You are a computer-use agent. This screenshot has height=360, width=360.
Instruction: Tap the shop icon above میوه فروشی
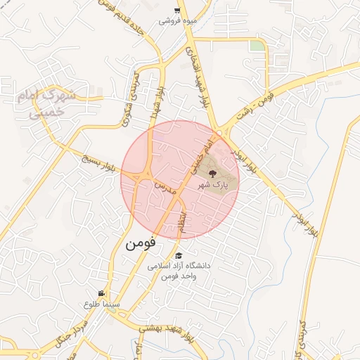176,10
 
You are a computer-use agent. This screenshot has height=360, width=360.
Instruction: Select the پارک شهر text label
214,184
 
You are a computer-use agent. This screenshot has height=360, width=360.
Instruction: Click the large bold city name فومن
141,245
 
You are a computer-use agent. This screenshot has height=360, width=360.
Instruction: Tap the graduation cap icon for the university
179,256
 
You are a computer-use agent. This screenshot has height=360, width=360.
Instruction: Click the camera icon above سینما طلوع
103,293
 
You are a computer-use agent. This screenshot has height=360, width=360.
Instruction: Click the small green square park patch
258,46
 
